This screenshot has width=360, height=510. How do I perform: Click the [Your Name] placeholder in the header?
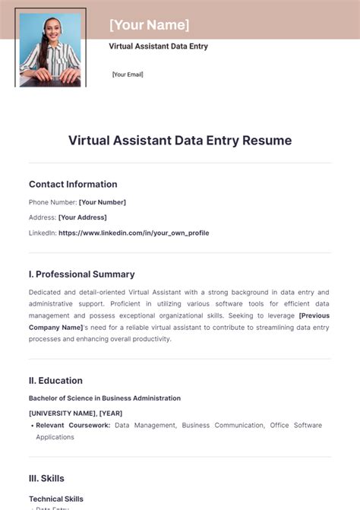coord(149,25)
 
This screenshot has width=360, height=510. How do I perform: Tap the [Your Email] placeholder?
coord(128,74)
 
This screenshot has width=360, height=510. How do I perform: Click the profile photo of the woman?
coord(50,49)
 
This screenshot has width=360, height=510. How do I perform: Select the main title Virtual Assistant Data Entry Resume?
coord(180,141)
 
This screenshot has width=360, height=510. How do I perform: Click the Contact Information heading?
coord(73,184)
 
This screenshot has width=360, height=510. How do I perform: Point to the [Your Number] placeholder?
coord(103,202)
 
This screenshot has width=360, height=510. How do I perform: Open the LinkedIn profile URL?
coord(134,233)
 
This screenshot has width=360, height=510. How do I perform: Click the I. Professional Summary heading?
coord(82,274)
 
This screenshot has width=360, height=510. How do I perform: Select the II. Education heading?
coord(55,381)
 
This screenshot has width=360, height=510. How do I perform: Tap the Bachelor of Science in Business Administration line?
coord(105,398)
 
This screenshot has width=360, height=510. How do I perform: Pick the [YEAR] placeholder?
coord(111,413)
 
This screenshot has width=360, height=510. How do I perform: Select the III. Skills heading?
coord(46,478)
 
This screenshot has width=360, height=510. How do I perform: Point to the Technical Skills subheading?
coord(56,499)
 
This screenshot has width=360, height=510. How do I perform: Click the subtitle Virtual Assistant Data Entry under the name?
coord(158,46)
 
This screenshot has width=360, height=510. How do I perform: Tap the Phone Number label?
coord(52,202)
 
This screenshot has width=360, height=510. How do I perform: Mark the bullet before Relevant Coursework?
coord(32,426)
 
